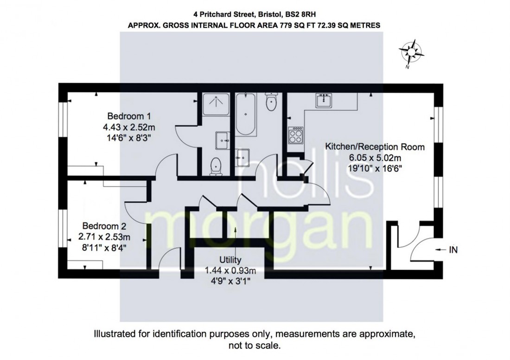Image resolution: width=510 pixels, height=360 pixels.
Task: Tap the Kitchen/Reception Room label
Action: pos(375,147)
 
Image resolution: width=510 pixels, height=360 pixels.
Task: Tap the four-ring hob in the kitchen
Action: pos(295,135)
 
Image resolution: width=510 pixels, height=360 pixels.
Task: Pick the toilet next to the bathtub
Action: pos(271,102)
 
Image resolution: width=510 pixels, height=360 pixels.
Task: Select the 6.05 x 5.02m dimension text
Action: pos(375,158)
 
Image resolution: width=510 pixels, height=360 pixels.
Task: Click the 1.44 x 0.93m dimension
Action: pos(230,270)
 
